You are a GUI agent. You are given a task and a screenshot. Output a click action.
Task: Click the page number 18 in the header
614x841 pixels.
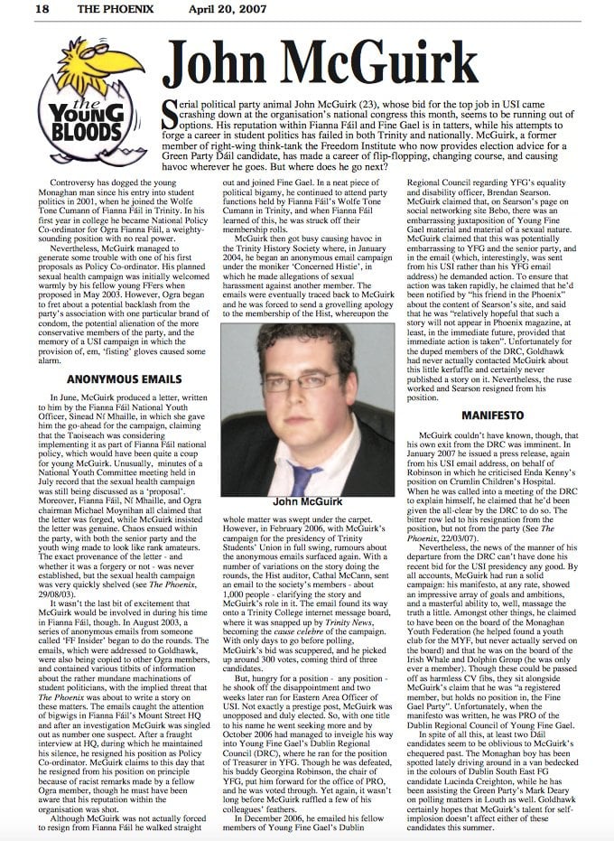(x=16, y=10)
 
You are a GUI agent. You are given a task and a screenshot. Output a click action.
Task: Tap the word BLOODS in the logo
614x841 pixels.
(x=87, y=137)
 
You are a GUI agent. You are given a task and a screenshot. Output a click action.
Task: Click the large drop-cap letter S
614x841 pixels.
(x=170, y=116)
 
